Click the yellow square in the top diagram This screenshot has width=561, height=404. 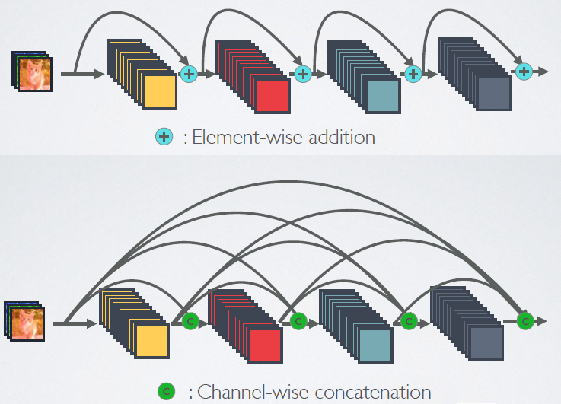tap(159, 91)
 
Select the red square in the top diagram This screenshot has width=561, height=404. tap(272, 94)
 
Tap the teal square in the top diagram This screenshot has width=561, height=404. tap(382, 94)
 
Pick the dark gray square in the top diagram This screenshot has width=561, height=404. tap(493, 94)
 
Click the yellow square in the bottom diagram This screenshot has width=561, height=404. tap(151, 339)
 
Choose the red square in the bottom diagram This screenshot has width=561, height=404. tap(264, 343)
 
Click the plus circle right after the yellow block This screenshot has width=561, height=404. tap(189, 74)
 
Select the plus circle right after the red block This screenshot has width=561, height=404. tap(303, 74)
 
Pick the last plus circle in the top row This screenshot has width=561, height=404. tap(523, 72)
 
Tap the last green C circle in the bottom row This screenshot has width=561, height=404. tap(524, 320)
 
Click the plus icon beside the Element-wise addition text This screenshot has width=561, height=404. tap(164, 137)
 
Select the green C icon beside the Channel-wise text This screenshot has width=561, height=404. tap(166, 392)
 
